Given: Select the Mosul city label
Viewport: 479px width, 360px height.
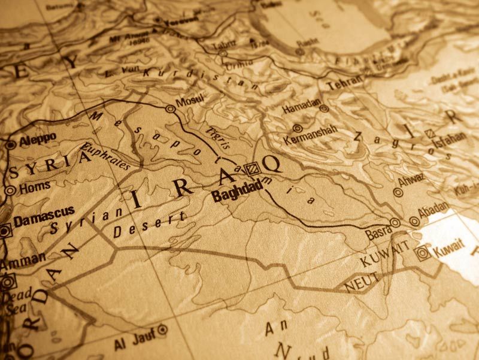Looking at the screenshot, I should [190, 99].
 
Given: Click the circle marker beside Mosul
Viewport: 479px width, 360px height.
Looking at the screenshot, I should [171, 109].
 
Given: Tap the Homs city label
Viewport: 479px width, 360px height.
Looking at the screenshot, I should [35, 187].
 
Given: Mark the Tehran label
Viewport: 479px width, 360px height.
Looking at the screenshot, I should [344, 84].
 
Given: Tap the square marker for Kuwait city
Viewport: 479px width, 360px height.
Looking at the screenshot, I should [423, 253].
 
